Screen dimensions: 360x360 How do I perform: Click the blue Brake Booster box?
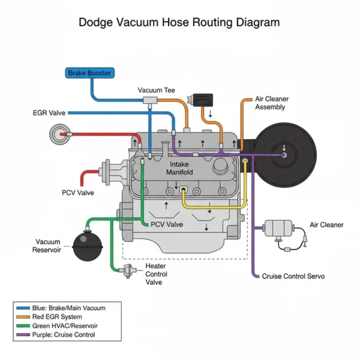pos(90,73)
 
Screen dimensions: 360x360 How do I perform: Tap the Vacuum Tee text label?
pos(156,90)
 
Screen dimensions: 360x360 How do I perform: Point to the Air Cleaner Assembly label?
pos(271,103)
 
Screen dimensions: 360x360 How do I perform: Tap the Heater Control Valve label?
pos(156,274)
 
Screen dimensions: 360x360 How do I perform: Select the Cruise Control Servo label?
pos(293,276)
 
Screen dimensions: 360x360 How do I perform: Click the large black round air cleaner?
pos(283,154)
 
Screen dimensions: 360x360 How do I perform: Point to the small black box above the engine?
pos(200,100)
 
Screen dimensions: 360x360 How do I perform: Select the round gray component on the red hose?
pos(60,134)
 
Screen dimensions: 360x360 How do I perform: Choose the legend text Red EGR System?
pos(57,317)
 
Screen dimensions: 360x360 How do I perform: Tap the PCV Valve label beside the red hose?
pos(78,193)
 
